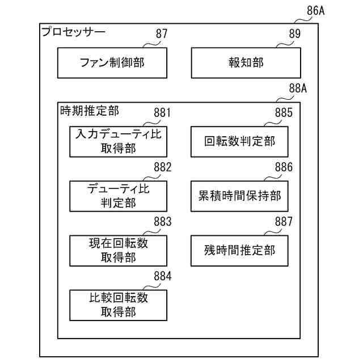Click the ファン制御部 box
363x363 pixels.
coord(112,62)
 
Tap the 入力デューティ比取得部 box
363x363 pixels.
coord(118,141)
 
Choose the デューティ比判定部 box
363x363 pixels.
coord(118,196)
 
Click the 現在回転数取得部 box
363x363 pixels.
coord(118,250)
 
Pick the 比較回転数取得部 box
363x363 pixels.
coord(118,305)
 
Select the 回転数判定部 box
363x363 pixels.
coord(239,141)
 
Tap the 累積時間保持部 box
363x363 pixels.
coord(239,196)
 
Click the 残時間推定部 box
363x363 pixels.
coord(239,250)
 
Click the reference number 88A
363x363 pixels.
coord(298,88)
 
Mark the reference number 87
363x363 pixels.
coord(162,34)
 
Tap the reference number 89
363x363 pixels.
coord(295,34)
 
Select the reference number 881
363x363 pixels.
coord(162,112)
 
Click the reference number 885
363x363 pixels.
coord(284,112)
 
